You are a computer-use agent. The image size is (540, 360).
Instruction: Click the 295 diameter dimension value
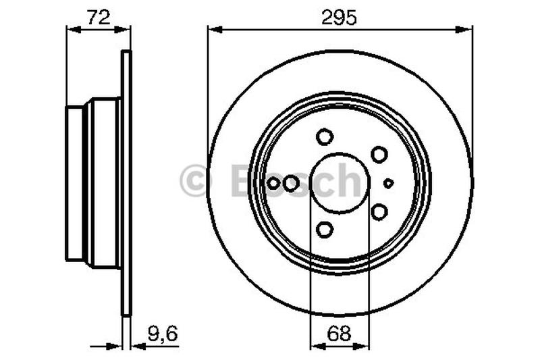[x=340, y=18]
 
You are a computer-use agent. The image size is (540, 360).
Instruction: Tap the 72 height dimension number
[x=99, y=18]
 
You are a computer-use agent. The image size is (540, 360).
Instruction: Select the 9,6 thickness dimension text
[x=163, y=334]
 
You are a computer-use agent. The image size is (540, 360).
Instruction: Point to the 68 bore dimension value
[x=340, y=333]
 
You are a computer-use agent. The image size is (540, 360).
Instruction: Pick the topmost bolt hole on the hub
[x=325, y=136]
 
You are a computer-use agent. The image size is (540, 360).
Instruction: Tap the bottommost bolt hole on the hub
[x=325, y=230]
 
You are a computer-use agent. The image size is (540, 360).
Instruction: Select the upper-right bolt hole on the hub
[x=379, y=155]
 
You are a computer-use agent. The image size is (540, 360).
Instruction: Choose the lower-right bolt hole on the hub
[x=379, y=212]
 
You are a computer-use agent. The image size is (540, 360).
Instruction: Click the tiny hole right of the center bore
[x=389, y=183]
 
